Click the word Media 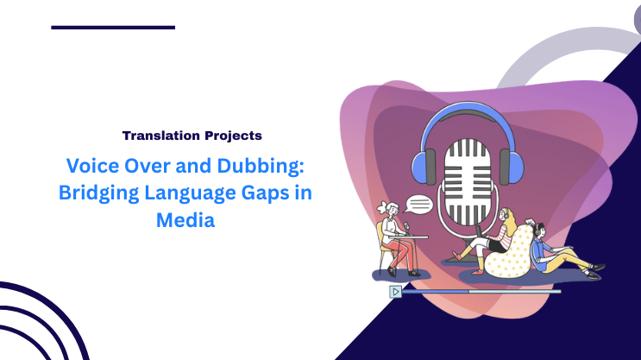[185, 220]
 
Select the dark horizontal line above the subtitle [113, 28]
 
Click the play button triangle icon [395, 291]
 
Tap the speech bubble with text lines [418, 205]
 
